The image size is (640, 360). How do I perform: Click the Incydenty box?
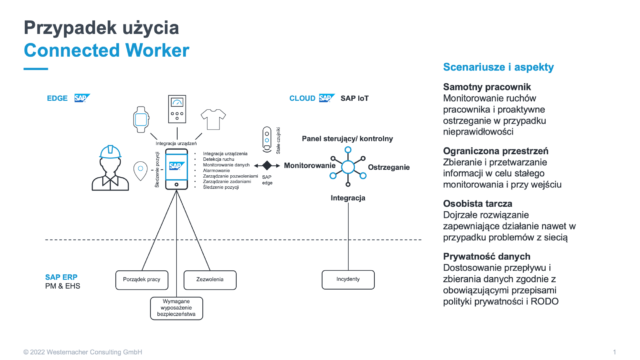(341, 279)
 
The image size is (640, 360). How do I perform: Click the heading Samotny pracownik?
(486, 88)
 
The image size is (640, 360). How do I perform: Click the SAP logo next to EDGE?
(81, 99)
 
